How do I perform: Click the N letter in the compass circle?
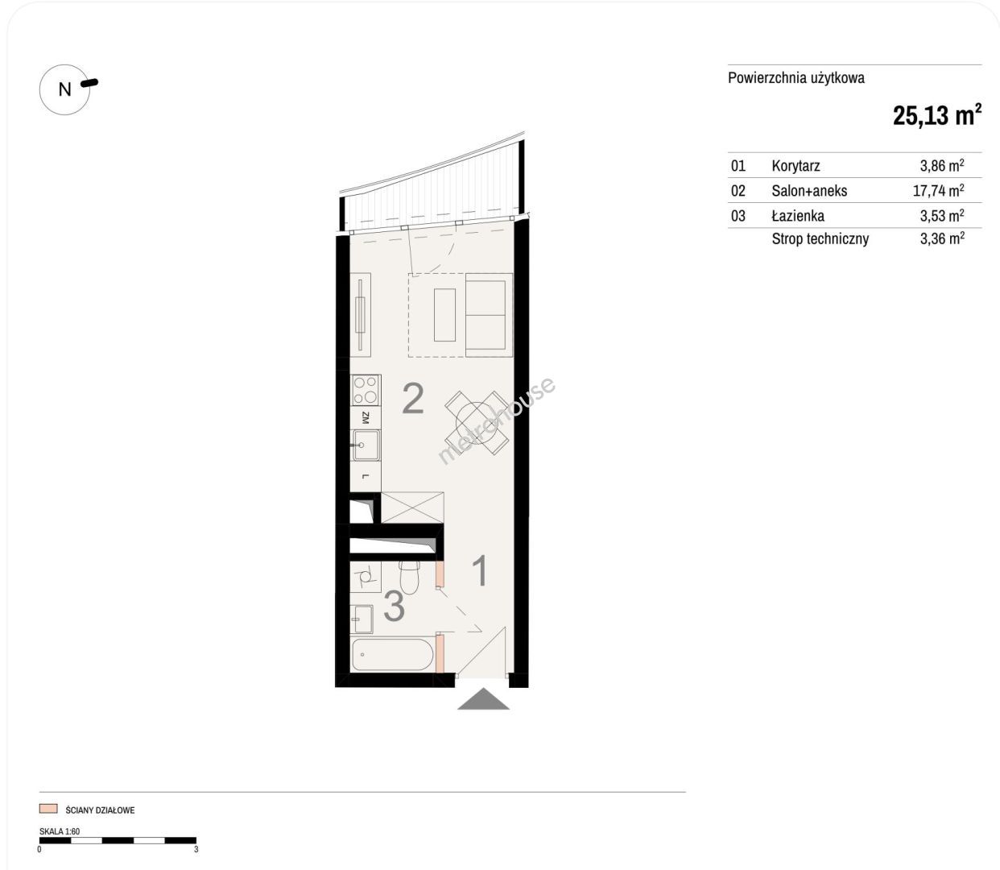65,89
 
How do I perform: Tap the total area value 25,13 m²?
937,115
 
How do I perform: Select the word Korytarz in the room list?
795,166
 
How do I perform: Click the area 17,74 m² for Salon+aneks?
939,190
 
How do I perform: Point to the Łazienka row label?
798,215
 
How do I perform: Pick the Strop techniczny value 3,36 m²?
942,238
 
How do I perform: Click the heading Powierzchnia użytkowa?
796,78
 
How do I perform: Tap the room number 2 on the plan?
412,398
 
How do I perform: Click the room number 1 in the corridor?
481,570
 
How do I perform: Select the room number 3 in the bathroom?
394,606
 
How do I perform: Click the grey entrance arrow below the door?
483,698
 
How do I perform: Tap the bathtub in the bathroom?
392,654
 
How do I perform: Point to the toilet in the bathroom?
409,577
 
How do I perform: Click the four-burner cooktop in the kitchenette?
366,390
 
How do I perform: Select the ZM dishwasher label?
365,417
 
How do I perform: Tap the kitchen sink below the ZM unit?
366,445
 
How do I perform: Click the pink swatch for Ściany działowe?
48,809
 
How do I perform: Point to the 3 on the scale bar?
196,850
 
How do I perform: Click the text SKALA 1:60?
60,831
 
